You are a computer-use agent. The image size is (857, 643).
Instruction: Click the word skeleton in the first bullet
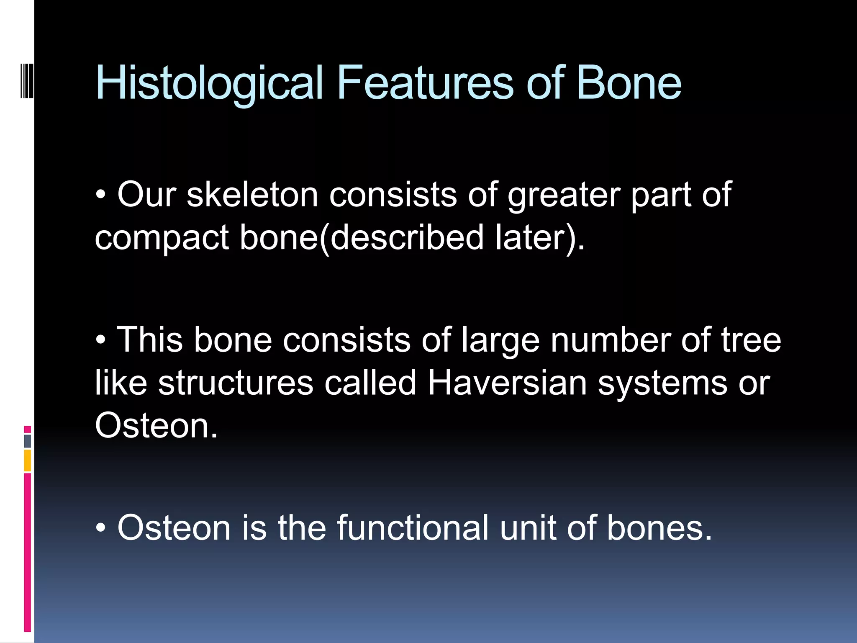tap(252, 195)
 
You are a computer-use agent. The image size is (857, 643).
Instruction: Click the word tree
tap(751, 340)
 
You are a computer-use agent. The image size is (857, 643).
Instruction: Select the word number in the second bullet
tap(610, 340)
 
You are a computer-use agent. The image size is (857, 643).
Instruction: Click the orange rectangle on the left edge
tap(27, 460)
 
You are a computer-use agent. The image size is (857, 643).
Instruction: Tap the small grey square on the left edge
tap(27, 441)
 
